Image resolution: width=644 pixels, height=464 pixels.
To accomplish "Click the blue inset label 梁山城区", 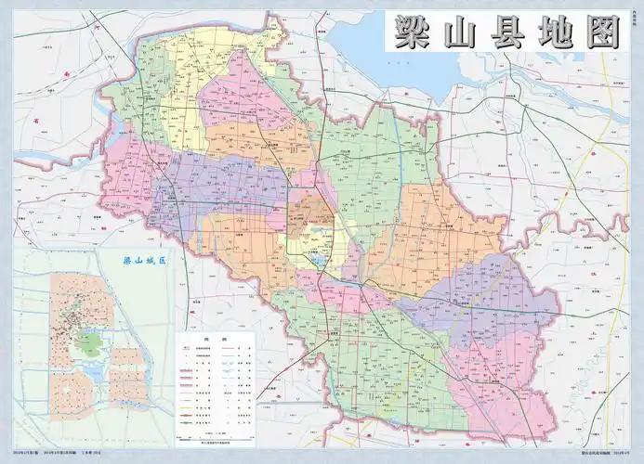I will pos(143,262).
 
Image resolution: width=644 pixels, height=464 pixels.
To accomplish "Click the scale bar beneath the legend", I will pos(222,443).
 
